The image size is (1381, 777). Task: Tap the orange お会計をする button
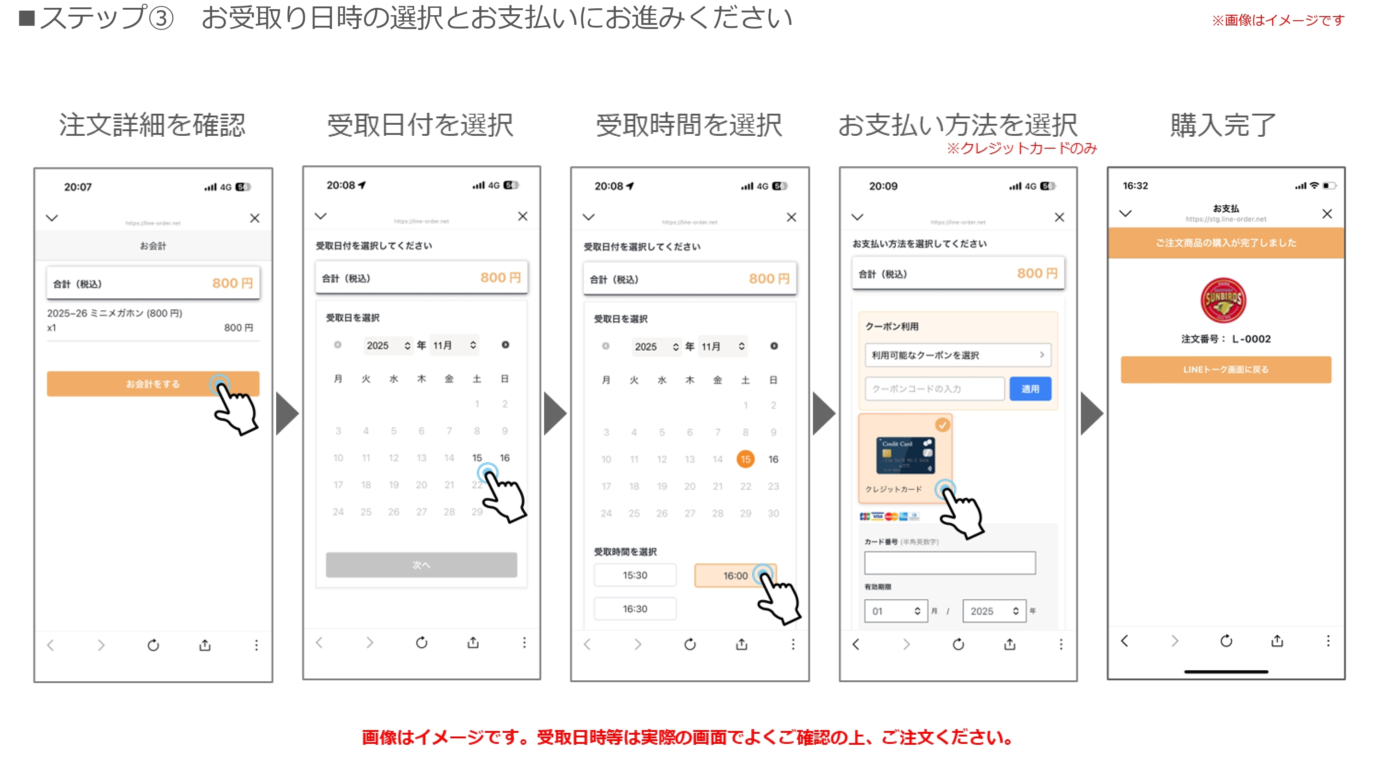153,384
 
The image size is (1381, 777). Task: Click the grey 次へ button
421,565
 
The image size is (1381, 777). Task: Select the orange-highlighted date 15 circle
745,459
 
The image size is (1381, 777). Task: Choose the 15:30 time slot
635,575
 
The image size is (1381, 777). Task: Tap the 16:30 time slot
635,609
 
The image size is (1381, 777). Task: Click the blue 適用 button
1030,389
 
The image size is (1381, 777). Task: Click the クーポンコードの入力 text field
934,389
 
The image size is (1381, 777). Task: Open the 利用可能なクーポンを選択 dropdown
957,355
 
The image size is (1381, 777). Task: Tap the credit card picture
905,455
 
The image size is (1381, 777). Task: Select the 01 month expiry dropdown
896,611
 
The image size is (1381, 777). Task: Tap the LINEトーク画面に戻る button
1225,370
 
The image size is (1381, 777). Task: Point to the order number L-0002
1251,339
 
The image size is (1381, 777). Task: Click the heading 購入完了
1222,125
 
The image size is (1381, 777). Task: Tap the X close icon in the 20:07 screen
255,218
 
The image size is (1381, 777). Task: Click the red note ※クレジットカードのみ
1022,149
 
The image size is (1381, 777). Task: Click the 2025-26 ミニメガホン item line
115,313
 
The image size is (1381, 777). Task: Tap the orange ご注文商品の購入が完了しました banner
1225,243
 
